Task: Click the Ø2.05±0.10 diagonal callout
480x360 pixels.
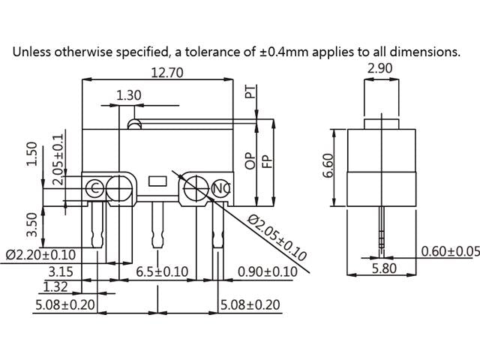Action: (x=277, y=238)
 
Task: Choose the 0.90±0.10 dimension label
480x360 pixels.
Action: (x=268, y=271)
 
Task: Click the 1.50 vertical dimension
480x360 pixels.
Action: (x=32, y=154)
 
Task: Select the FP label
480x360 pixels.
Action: (x=265, y=160)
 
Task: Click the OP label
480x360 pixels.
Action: (x=250, y=160)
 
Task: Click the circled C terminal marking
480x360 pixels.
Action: (x=96, y=187)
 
